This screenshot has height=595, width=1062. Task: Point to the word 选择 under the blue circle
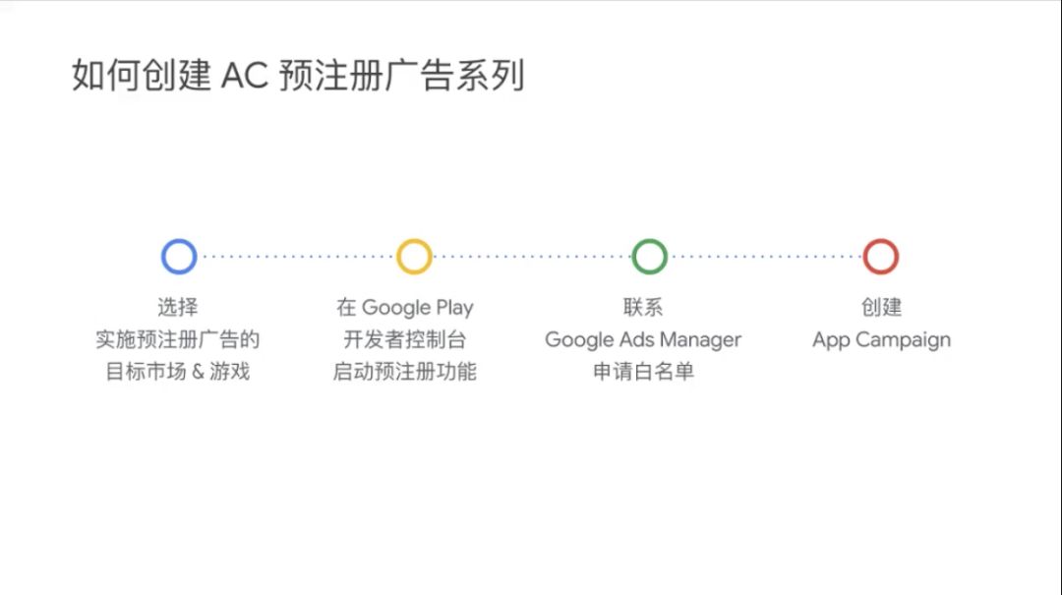click(x=178, y=307)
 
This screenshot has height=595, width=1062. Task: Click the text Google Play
click(x=417, y=308)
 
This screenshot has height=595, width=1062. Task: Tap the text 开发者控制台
click(x=405, y=339)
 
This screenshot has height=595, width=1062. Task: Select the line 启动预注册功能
click(x=405, y=372)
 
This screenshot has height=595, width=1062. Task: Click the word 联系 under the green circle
click(x=643, y=307)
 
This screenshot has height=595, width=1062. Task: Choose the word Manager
click(x=700, y=339)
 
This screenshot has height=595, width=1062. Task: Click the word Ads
click(x=636, y=339)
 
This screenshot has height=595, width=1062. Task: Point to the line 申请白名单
click(x=643, y=372)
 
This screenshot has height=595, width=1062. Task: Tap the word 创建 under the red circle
click(x=881, y=307)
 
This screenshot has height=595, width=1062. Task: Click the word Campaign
click(x=903, y=339)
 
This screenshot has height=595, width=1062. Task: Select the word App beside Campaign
click(x=831, y=339)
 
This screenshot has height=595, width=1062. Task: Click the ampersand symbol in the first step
click(x=198, y=372)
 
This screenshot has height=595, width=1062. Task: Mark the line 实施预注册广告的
click(x=177, y=339)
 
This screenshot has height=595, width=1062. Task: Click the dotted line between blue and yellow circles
click(x=297, y=256)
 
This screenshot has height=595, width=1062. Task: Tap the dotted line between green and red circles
click(x=765, y=256)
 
